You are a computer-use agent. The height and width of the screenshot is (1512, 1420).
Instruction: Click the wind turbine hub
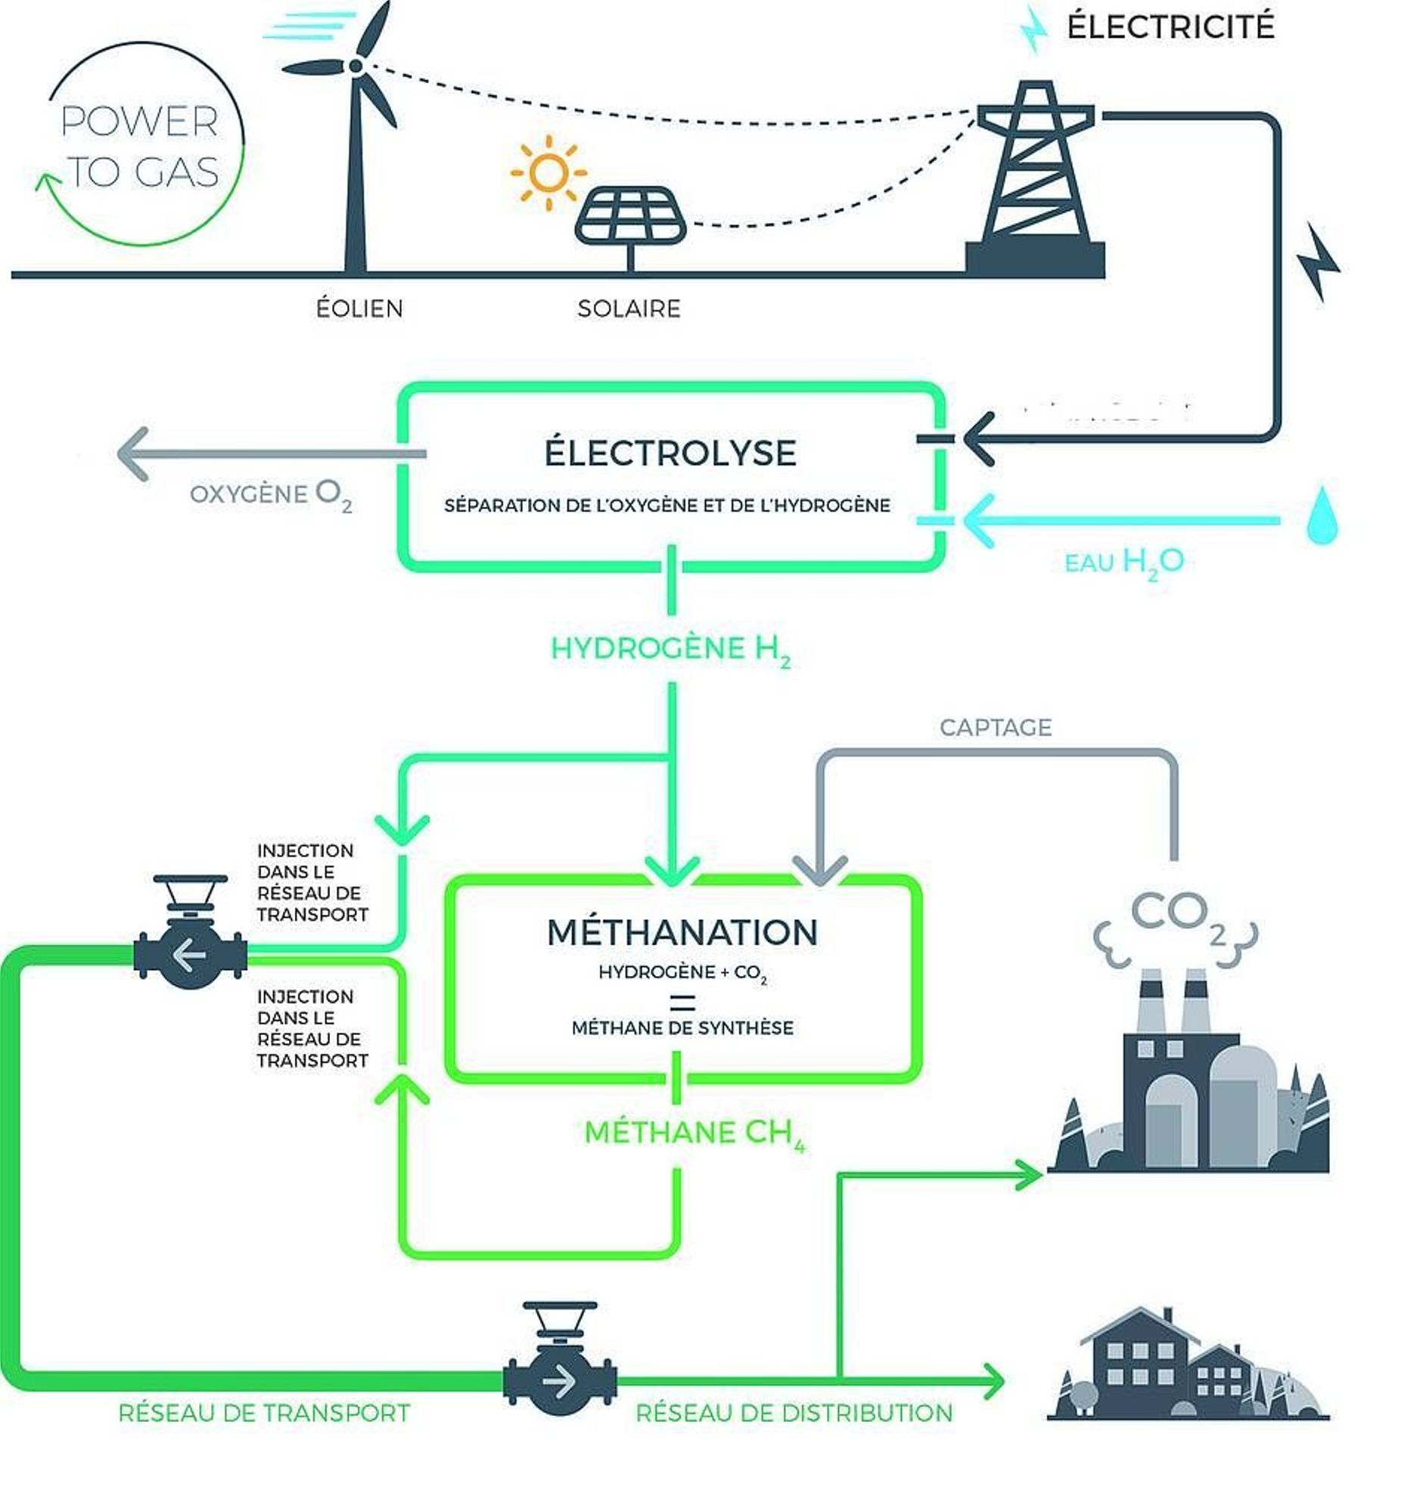(x=356, y=67)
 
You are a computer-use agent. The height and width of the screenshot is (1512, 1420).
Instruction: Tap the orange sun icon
(x=548, y=172)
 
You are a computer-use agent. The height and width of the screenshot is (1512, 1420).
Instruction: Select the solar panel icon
(x=630, y=216)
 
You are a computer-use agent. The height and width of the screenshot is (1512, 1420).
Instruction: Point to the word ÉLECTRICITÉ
(x=1170, y=27)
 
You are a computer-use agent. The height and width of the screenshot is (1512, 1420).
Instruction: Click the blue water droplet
(x=1322, y=516)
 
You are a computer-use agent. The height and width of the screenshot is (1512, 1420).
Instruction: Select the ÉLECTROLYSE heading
(x=670, y=454)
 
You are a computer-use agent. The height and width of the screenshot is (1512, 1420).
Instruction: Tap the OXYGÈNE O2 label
(x=271, y=495)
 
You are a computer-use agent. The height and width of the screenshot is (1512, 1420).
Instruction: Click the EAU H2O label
(x=1124, y=562)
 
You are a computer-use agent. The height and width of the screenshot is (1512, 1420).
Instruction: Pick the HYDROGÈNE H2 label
(x=670, y=649)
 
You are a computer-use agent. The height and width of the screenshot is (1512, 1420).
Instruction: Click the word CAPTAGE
(x=996, y=728)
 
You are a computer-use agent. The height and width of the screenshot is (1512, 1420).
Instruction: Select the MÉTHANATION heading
(x=682, y=932)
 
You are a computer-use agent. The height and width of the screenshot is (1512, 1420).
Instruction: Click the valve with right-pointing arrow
(x=560, y=1380)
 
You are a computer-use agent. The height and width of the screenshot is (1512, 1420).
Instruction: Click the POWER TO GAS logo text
(x=140, y=146)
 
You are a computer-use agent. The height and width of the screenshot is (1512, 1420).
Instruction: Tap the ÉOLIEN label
(x=359, y=308)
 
